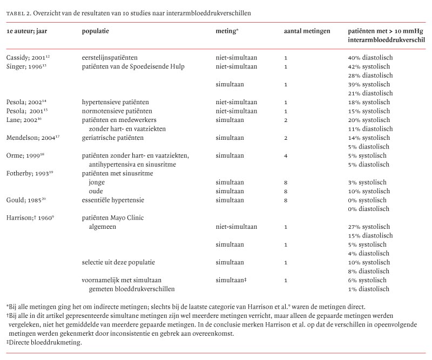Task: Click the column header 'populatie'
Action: click(95, 31)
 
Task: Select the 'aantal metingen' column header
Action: click(307, 31)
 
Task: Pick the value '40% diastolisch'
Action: click(370, 57)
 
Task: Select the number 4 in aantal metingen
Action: click(286, 155)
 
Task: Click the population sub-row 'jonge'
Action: click(98, 182)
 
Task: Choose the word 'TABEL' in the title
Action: click(15, 12)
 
